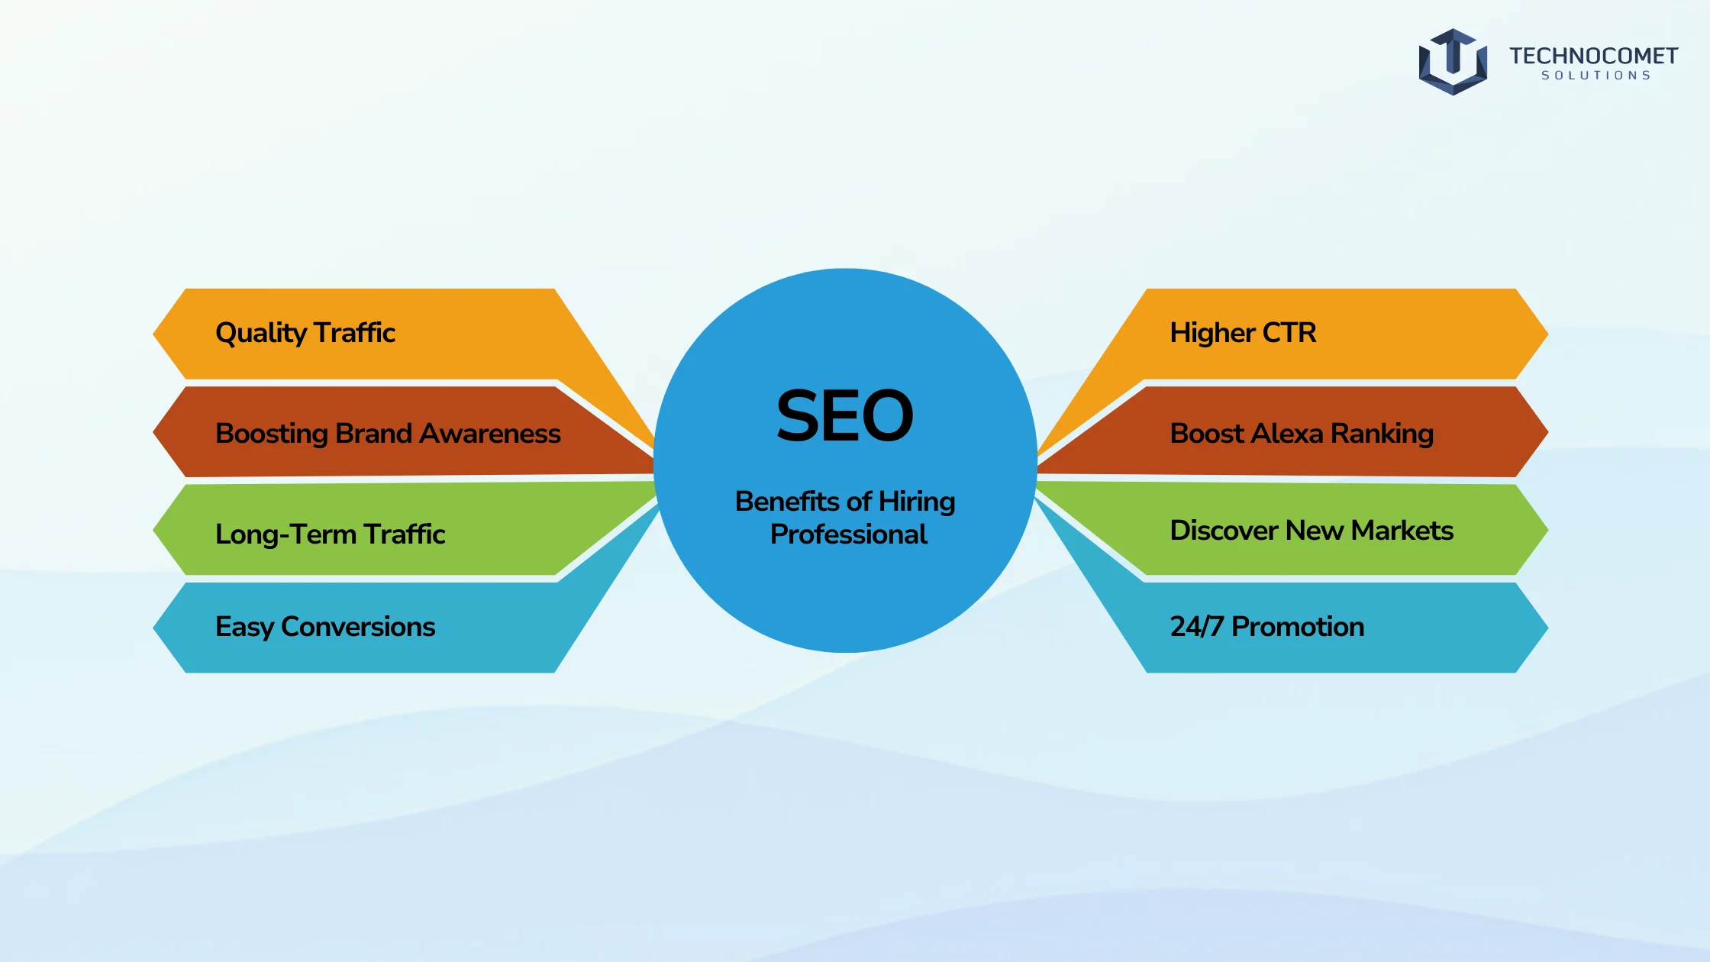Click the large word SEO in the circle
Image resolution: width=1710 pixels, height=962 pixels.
pyautogui.click(x=844, y=415)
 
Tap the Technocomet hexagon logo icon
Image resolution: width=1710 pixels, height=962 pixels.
pyautogui.click(x=1453, y=62)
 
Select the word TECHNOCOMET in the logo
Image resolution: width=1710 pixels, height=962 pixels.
pyautogui.click(x=1593, y=56)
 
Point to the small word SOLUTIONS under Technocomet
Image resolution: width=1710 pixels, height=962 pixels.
pyautogui.click(x=1595, y=76)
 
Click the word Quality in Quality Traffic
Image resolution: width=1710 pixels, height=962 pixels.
pyautogui.click(x=261, y=334)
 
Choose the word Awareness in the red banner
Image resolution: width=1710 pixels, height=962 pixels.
pyautogui.click(x=490, y=434)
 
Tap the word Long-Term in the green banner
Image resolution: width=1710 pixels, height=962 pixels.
pyautogui.click(x=286, y=534)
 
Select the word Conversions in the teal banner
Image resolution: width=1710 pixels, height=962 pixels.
pyautogui.click(x=358, y=627)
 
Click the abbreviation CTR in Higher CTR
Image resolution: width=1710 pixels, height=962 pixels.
pyautogui.click(x=1289, y=333)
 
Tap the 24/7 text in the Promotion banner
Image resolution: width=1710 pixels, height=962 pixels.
pyautogui.click(x=1197, y=627)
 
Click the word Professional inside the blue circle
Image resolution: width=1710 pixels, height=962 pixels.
pyautogui.click(x=849, y=534)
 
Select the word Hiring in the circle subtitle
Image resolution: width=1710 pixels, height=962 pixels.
pyautogui.click(x=917, y=502)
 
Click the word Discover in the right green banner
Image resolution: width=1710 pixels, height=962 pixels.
pyautogui.click(x=1224, y=531)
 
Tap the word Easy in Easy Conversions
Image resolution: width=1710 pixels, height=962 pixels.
pyautogui.click(x=244, y=628)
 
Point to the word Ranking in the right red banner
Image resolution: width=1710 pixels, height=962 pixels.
pyautogui.click(x=1382, y=434)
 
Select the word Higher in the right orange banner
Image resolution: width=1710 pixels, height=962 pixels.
pyautogui.click(x=1212, y=334)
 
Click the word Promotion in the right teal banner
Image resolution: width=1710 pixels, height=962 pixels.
pyautogui.click(x=1298, y=627)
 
